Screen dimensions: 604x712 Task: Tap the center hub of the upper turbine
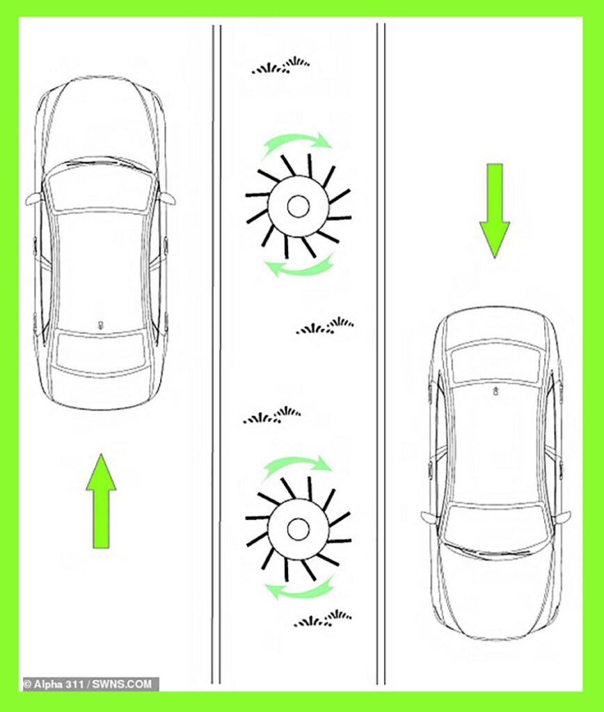(x=298, y=207)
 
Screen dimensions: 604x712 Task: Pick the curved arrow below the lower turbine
(x=300, y=591)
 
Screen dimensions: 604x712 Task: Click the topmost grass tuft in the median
(x=281, y=66)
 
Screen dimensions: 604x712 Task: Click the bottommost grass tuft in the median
(x=323, y=618)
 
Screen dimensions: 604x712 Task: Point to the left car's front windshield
(x=100, y=187)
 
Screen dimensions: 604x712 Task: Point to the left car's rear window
(x=100, y=350)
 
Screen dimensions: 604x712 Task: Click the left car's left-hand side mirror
(x=35, y=199)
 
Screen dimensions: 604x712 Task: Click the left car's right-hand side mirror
(x=166, y=198)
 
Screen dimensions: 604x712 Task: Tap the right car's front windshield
(x=495, y=528)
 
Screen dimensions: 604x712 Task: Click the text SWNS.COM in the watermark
(x=122, y=684)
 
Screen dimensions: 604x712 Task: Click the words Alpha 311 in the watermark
(x=60, y=684)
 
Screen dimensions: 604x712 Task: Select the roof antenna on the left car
(x=100, y=325)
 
